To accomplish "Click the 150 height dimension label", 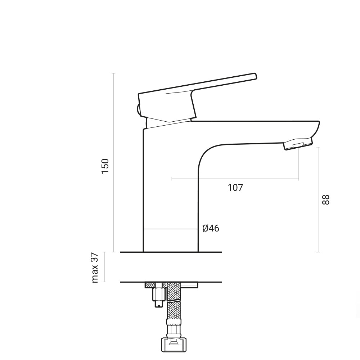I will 105,166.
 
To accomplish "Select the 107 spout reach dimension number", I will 235,188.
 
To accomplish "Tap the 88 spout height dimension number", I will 325,199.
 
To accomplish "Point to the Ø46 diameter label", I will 211,228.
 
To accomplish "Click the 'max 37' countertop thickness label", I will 95,267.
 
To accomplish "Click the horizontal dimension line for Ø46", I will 171,229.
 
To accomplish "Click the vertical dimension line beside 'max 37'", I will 104,267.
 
